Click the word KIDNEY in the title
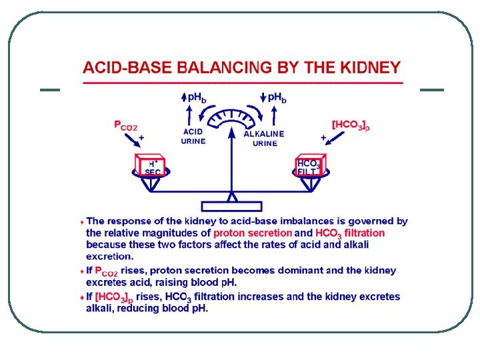click(369, 67)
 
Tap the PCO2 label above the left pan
click(125, 125)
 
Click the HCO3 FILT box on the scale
click(309, 167)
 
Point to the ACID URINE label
click(193, 136)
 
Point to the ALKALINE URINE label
click(264, 138)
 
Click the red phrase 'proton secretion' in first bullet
click(253, 233)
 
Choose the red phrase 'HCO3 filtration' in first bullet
click(350, 233)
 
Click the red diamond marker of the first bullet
click(81, 221)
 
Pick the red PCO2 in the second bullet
click(107, 271)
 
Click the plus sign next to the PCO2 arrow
click(141, 136)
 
